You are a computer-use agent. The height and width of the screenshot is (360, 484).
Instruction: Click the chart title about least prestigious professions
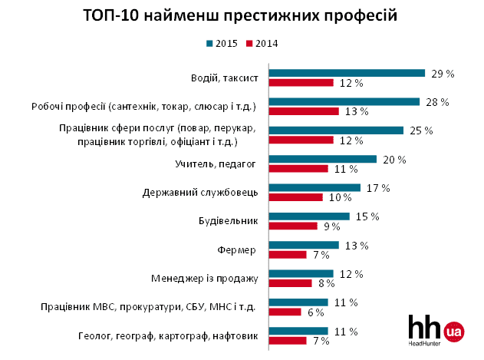(x=242, y=15)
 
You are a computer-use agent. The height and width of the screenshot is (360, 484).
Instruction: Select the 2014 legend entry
(x=262, y=43)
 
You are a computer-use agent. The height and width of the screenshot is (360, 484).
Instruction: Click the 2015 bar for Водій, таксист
(x=346, y=74)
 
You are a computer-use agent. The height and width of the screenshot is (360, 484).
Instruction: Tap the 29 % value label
(x=443, y=74)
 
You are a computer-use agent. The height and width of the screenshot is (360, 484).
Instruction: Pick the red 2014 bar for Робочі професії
(x=303, y=111)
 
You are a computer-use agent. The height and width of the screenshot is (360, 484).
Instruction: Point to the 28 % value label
(x=437, y=102)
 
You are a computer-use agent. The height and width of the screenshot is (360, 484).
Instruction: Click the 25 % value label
(x=421, y=130)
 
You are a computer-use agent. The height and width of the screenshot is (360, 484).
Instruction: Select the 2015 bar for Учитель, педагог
(x=322, y=159)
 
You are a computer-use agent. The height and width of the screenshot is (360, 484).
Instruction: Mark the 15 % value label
(x=367, y=216)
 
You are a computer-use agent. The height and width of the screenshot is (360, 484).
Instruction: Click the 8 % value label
(x=328, y=282)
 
